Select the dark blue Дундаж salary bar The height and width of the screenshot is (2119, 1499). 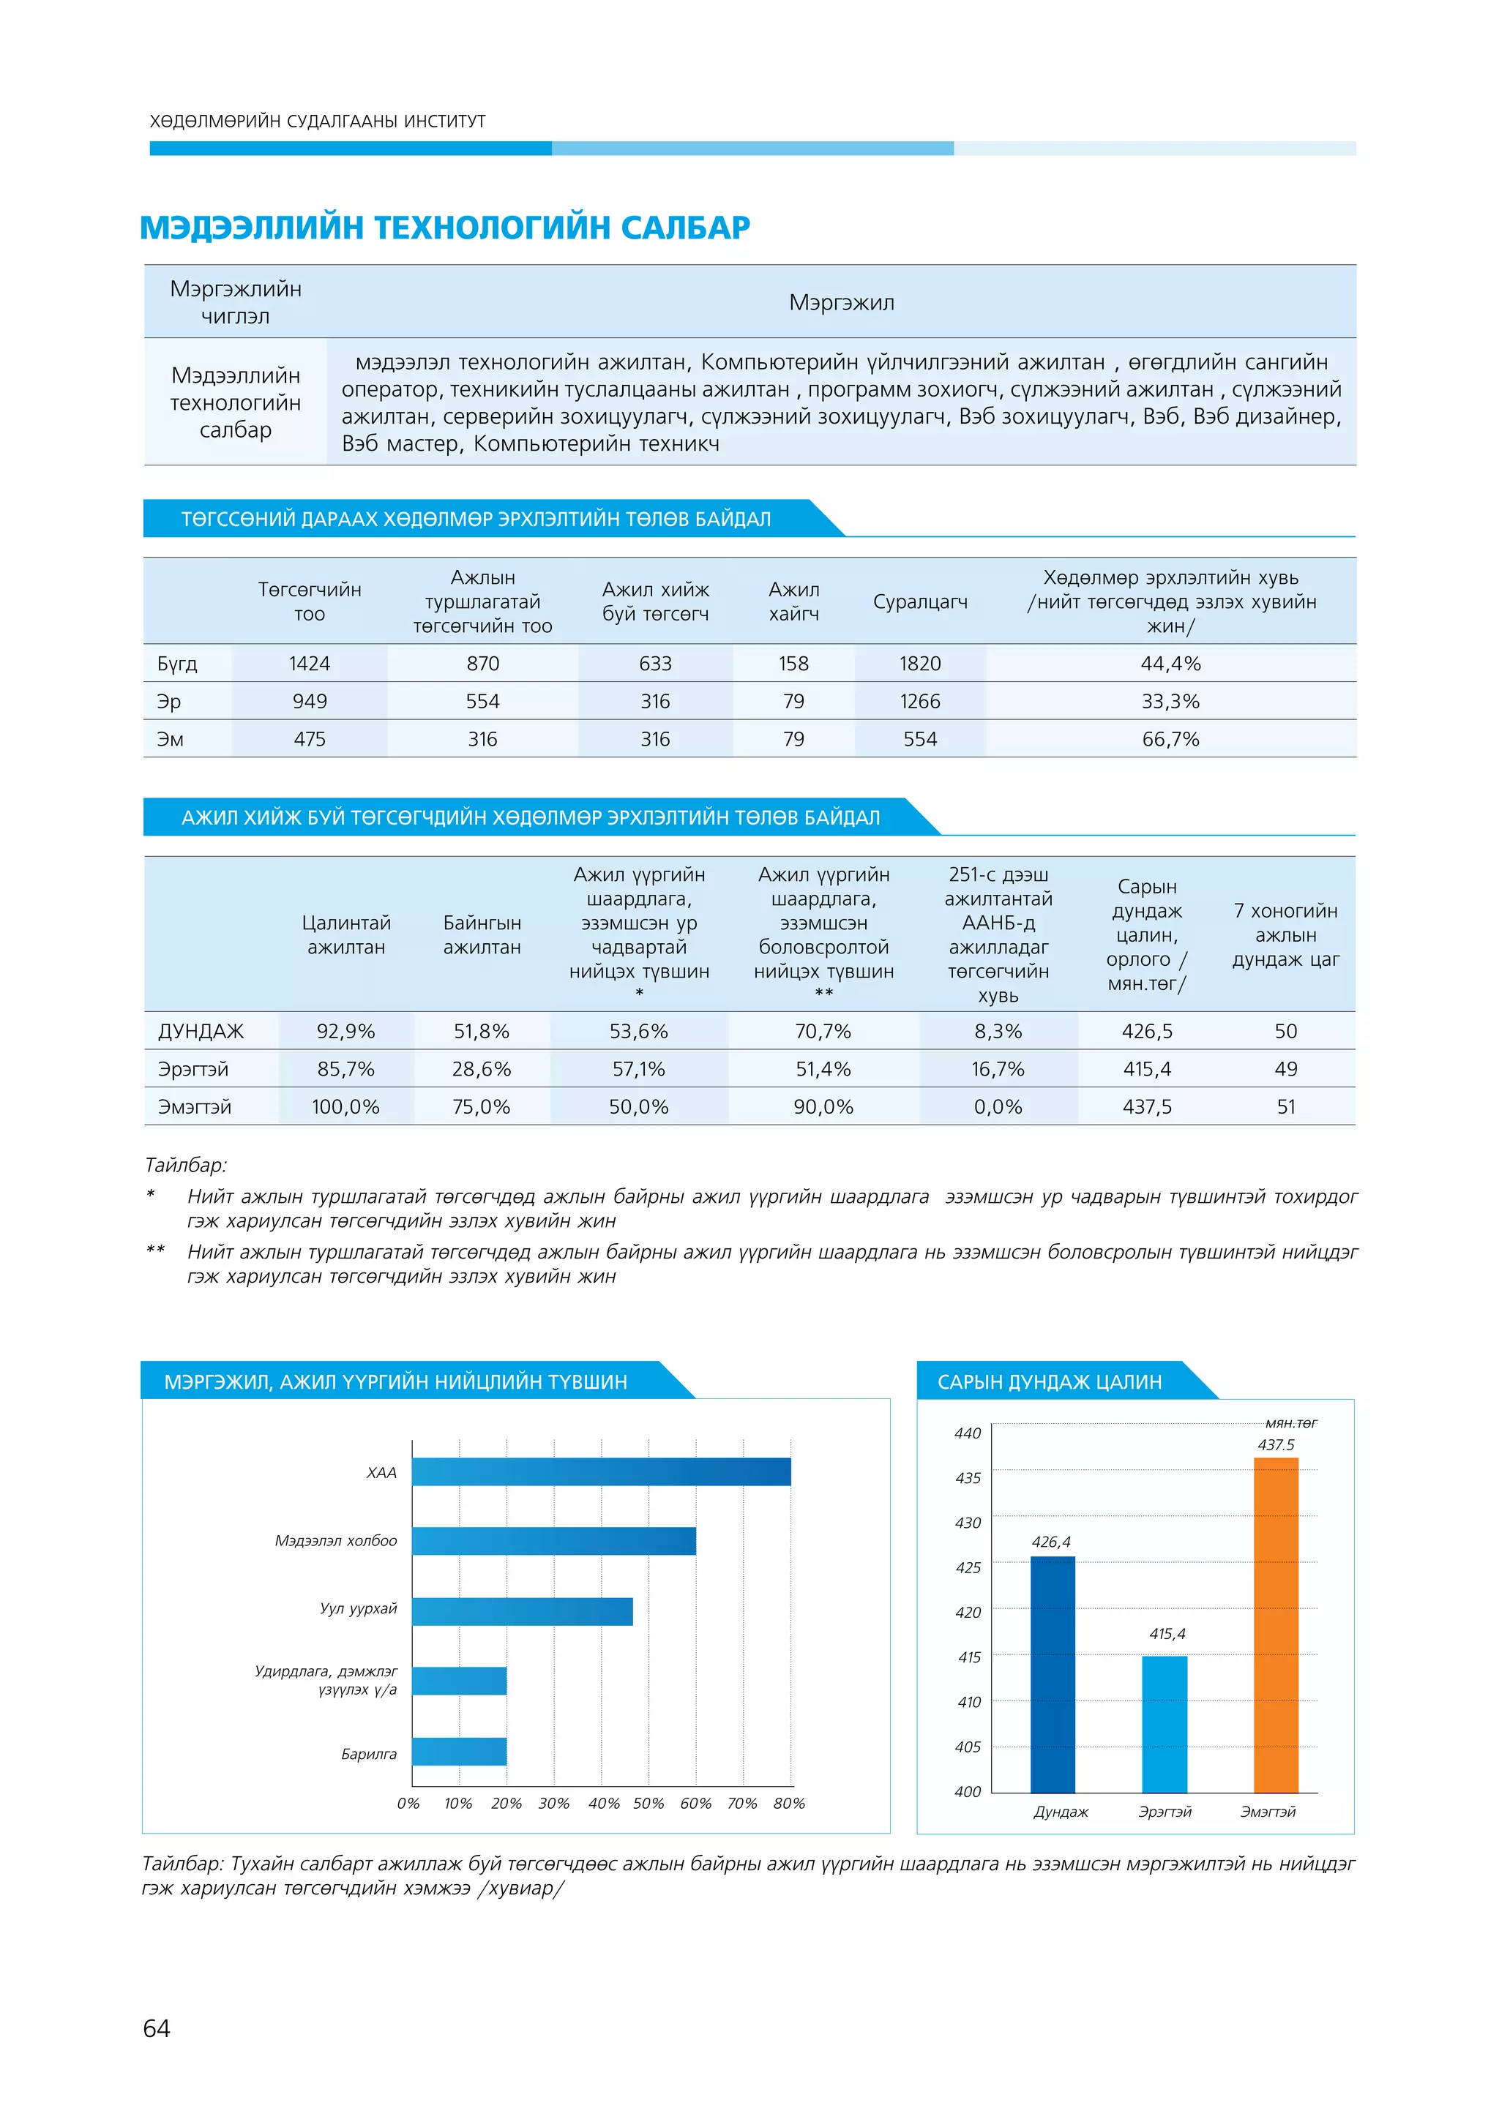click(x=1053, y=1674)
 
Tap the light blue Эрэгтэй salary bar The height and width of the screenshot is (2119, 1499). click(x=1165, y=1724)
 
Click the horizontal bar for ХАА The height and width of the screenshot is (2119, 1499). click(x=601, y=1472)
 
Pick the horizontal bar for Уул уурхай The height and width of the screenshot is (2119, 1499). click(x=523, y=1611)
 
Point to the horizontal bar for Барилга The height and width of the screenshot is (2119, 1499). click(x=460, y=1752)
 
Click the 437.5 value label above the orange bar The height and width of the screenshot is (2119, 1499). click(x=1276, y=1445)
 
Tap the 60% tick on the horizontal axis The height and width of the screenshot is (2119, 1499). click(x=696, y=1804)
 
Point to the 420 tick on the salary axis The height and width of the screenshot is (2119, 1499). click(x=968, y=1613)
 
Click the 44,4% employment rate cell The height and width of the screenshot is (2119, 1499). click(x=1170, y=664)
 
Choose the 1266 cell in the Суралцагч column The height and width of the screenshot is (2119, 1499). click(x=920, y=702)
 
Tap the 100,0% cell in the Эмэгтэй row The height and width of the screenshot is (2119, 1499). click(x=345, y=1106)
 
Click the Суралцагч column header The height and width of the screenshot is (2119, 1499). click(x=920, y=601)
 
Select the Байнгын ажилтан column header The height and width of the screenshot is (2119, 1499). click(x=482, y=935)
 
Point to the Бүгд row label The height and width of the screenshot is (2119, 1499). click(x=177, y=664)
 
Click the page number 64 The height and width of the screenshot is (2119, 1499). click(x=157, y=2028)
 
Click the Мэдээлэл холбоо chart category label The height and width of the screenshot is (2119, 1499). click(x=336, y=1541)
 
